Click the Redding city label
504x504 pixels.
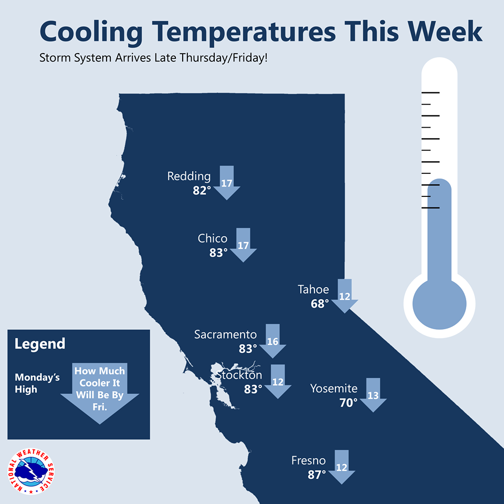coord(189,177)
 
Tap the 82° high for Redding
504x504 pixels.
coord(202,191)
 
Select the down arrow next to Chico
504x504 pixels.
coord(243,245)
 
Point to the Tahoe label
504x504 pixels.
coord(313,290)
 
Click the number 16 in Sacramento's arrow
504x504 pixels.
coord(272,341)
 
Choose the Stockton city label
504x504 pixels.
coord(238,375)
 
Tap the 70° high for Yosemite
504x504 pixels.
coord(349,403)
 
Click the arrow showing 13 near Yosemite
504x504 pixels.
coord(373,395)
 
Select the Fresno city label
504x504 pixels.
coord(309,460)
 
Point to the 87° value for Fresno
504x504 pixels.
coord(317,475)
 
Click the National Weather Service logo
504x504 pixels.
coord(31,471)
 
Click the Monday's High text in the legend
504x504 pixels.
coord(37,383)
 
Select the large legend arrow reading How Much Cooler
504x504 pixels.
coord(100,393)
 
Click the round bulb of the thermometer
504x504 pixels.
coord(439,304)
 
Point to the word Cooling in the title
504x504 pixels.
coord(91,32)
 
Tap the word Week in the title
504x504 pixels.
coord(445,31)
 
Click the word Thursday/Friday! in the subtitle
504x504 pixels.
coord(224,58)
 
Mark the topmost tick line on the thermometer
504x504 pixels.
coord(430,92)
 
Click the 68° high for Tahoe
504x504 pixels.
coord(320,304)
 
